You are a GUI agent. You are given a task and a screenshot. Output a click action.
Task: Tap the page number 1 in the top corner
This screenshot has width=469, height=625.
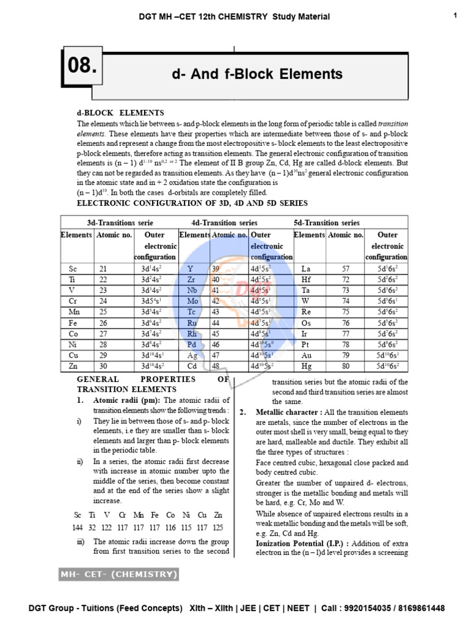[x=456, y=16]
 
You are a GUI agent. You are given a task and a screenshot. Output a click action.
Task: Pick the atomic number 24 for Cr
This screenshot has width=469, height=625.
[x=103, y=301]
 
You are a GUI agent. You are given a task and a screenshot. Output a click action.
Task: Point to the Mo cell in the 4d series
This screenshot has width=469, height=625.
[x=193, y=301]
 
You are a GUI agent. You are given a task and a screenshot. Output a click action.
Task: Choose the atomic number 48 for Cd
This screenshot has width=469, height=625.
[x=215, y=366]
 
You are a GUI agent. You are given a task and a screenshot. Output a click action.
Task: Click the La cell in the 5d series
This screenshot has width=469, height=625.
[x=307, y=269]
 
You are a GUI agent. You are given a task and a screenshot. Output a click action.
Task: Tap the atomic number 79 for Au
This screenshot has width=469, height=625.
[x=345, y=355]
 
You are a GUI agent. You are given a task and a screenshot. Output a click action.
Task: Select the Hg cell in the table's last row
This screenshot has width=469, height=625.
[x=307, y=366]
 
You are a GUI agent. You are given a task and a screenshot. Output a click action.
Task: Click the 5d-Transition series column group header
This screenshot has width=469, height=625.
[x=327, y=223]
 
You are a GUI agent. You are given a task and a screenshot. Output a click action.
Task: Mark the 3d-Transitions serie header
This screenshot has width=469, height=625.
[x=120, y=223]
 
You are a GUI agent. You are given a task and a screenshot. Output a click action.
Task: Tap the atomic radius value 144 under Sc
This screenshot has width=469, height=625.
[x=77, y=527]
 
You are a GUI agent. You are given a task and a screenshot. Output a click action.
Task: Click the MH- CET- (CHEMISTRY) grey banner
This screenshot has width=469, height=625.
[x=118, y=574]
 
